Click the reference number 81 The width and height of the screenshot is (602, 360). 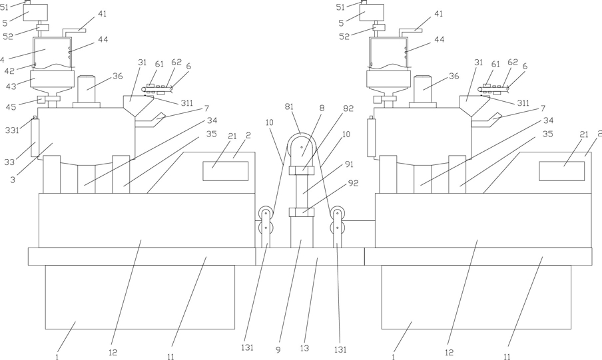(x=289, y=106)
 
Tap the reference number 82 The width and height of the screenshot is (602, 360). (x=348, y=108)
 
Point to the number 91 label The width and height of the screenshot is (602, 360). (x=349, y=164)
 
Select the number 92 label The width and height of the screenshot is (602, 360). (x=353, y=184)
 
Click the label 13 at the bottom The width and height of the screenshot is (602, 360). (x=304, y=349)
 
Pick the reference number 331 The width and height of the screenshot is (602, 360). (x=12, y=130)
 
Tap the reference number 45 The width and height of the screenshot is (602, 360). (x=11, y=107)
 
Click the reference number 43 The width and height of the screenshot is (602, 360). (x=11, y=87)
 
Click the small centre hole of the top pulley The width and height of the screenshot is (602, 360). (x=302, y=147)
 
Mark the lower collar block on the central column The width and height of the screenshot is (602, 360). (x=302, y=212)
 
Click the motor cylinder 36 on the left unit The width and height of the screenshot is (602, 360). (x=87, y=89)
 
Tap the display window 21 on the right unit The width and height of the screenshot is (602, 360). (x=561, y=171)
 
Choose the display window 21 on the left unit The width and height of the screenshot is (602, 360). (x=225, y=171)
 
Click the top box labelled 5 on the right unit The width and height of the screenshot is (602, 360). (x=372, y=13)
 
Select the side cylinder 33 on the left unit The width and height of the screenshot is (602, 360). (x=35, y=138)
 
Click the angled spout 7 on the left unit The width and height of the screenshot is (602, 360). (x=150, y=120)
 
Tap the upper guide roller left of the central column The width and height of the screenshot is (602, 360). (x=265, y=213)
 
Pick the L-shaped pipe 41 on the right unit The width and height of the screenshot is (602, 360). (x=410, y=33)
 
